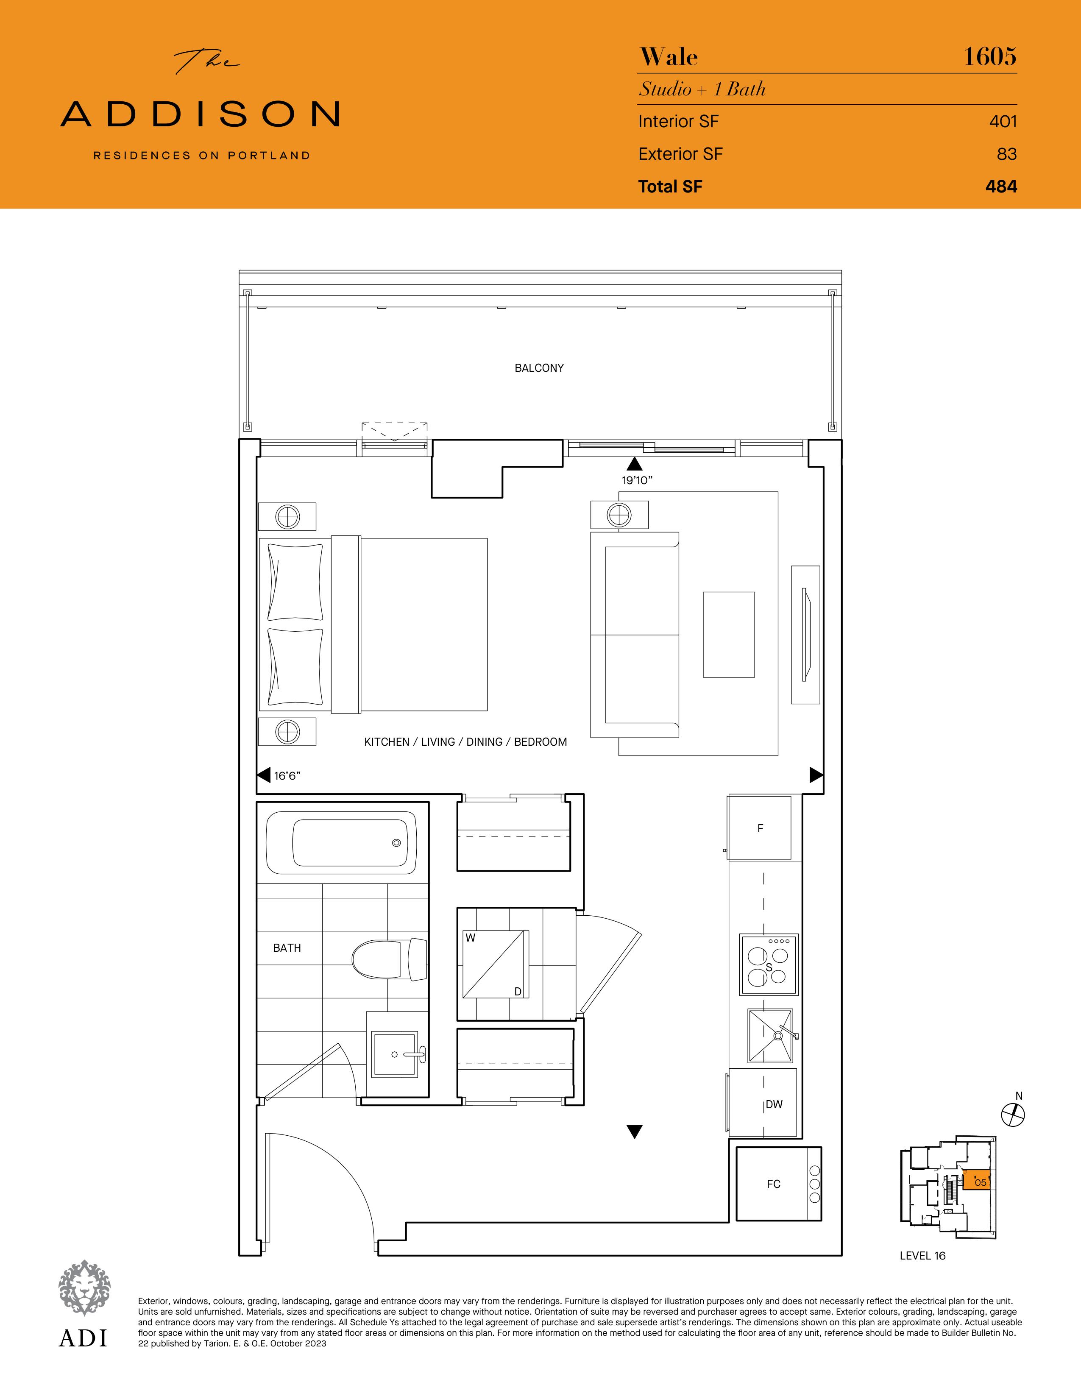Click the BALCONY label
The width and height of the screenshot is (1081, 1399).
coord(539,368)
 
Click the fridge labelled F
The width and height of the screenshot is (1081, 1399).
coord(760,828)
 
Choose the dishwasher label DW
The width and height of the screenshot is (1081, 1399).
coord(774,1104)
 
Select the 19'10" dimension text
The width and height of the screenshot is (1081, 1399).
coord(637,480)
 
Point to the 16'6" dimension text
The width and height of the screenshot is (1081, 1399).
coord(287,776)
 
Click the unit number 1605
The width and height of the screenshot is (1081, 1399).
coord(990,56)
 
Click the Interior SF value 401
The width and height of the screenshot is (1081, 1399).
coord(1003,121)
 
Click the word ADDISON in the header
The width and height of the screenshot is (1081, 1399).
coord(200,114)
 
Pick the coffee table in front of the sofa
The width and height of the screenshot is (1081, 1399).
coord(729,634)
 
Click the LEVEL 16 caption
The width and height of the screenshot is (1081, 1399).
coord(922,1256)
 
